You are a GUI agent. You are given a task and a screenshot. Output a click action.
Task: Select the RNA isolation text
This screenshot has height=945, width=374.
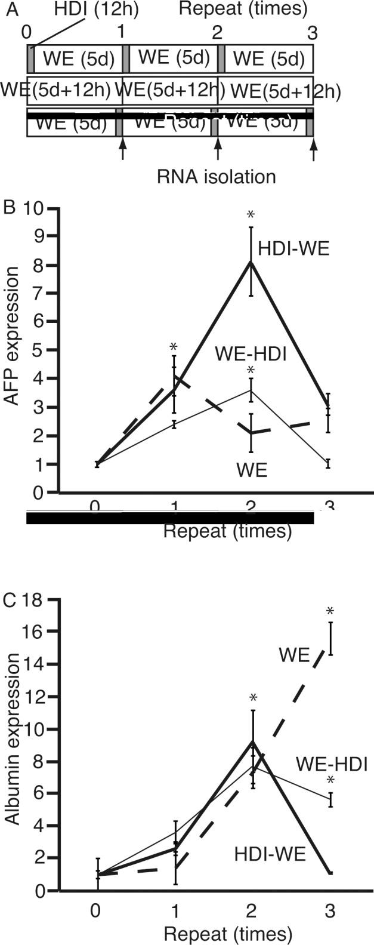coord(217,177)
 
